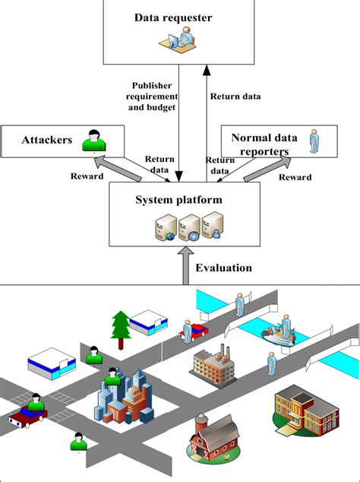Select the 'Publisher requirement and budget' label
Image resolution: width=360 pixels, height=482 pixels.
coord(154,97)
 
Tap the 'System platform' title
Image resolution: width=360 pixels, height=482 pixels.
coord(179,200)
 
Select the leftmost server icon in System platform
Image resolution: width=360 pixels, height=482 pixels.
coord(163,227)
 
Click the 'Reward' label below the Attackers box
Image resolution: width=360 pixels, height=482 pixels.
coord(87,176)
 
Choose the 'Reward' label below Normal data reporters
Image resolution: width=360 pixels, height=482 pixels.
coord(295,177)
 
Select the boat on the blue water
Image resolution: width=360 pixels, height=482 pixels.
coord(278,334)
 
